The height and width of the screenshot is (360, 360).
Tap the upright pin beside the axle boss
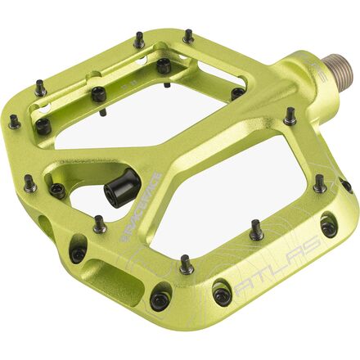tap(290, 116)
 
